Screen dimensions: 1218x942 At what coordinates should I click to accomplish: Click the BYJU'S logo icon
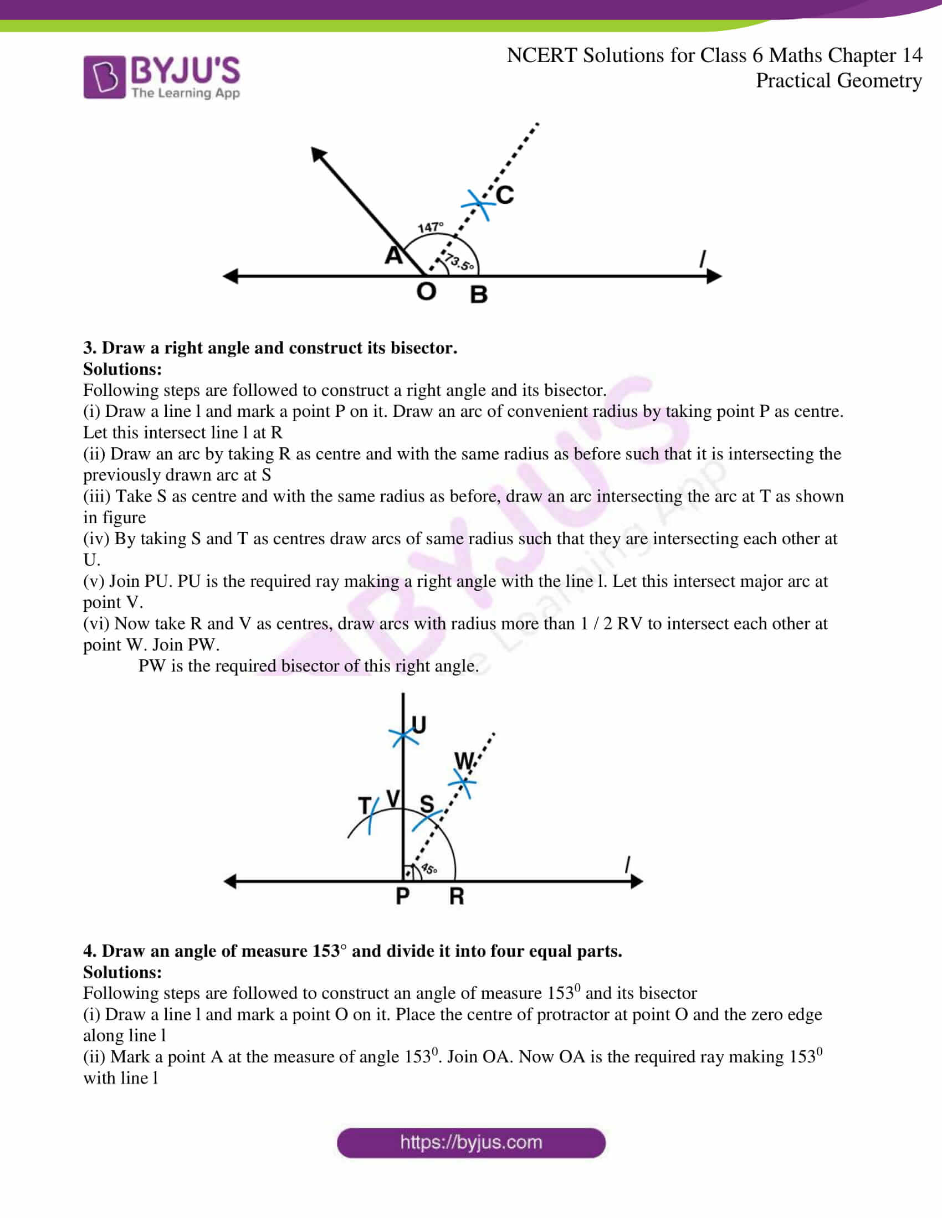(x=104, y=77)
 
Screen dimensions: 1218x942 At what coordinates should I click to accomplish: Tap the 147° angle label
(x=430, y=227)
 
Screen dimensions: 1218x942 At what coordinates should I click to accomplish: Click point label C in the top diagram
(x=504, y=195)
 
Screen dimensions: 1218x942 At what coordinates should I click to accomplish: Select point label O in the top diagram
(x=426, y=292)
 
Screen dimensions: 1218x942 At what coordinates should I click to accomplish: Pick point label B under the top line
(x=478, y=295)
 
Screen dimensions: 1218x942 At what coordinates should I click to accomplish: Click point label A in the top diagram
(x=393, y=255)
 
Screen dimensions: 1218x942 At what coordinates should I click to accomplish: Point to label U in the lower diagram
(x=418, y=725)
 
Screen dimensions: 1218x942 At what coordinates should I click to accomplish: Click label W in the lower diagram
(x=464, y=761)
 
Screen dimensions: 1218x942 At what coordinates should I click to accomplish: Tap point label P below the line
(x=402, y=896)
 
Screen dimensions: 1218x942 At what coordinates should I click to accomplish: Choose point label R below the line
(x=457, y=896)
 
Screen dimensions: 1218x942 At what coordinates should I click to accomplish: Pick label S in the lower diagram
(x=427, y=804)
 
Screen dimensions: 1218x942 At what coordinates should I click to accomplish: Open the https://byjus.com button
(x=471, y=1142)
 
